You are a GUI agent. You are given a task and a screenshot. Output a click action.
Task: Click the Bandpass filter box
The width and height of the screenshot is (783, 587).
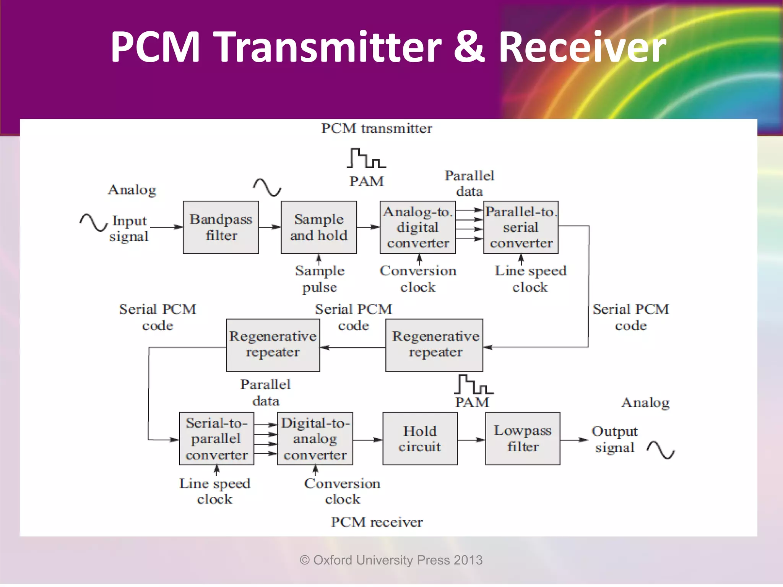tap(221, 227)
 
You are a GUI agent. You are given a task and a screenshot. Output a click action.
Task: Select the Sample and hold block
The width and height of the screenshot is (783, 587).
tap(318, 227)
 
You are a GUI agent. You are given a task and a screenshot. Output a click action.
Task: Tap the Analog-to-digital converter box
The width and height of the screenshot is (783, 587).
tap(417, 227)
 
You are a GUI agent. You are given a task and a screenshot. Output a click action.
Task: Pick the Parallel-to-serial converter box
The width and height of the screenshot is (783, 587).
tap(521, 227)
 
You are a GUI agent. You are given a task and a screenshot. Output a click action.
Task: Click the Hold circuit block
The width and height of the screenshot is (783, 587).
tap(420, 438)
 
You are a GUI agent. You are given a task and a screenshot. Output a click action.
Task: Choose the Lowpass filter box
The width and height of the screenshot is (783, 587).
tap(523, 438)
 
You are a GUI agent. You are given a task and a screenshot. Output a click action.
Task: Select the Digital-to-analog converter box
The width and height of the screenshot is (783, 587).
tap(315, 438)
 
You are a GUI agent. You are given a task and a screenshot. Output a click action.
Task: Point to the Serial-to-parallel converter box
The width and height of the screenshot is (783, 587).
tap(216, 438)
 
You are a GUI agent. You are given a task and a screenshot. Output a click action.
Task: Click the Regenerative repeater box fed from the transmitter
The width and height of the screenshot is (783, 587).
tap(434, 345)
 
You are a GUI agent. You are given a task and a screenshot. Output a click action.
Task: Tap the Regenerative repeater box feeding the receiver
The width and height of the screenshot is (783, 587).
tap(273, 345)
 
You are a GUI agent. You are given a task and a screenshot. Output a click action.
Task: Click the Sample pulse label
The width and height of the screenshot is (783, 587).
tap(320, 279)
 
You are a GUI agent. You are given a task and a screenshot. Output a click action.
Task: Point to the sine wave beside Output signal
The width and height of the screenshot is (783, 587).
tap(661, 450)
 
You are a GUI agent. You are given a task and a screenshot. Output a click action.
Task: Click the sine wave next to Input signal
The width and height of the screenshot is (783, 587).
tap(93, 222)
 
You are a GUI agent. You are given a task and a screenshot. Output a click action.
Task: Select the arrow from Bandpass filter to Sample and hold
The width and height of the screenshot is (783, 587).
tap(270, 227)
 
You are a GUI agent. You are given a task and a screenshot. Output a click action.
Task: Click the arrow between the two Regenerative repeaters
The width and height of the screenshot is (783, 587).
tap(353, 347)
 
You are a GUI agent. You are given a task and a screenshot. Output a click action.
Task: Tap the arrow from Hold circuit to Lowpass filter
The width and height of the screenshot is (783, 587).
tap(471, 440)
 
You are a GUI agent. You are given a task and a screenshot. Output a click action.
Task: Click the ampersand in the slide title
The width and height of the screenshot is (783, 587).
tap(469, 47)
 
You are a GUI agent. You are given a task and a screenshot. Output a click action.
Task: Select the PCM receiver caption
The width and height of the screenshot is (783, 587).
tap(377, 522)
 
